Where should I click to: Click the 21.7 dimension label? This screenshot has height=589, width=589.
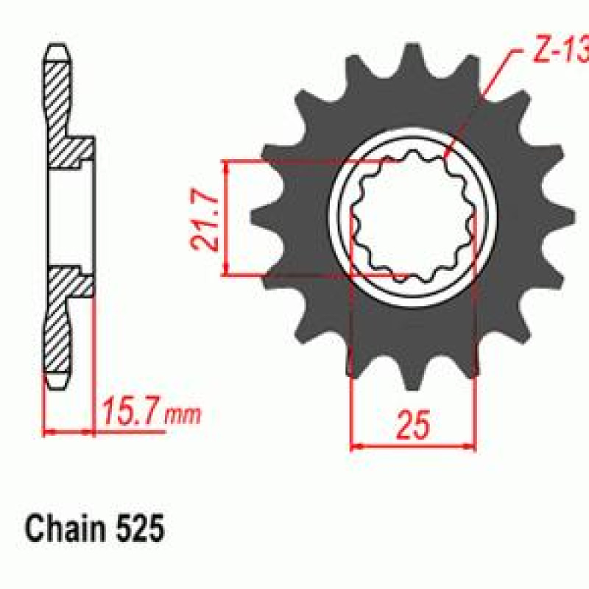tap(204, 219)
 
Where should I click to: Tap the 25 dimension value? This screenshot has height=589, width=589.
tap(412, 425)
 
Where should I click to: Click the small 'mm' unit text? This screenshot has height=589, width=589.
tap(182, 415)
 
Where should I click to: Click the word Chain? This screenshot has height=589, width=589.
tap(65, 528)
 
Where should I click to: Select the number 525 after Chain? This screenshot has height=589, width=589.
tap(140, 529)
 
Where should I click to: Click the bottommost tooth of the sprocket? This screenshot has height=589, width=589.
tap(412, 375)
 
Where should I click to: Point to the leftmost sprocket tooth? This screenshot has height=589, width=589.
tap(263, 217)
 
